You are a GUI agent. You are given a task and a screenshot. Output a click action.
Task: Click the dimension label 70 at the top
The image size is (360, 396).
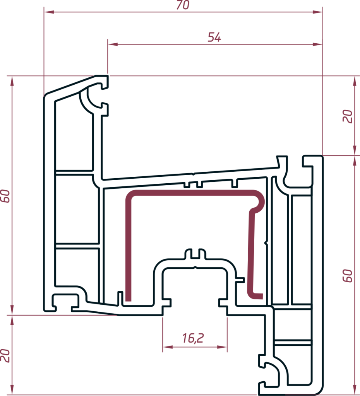pyautogui.click(x=183, y=5)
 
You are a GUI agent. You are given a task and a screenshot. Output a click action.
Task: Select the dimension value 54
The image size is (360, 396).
pyautogui.click(x=214, y=37)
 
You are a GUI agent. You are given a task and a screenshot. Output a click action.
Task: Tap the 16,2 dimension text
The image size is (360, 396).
pyautogui.click(x=193, y=338)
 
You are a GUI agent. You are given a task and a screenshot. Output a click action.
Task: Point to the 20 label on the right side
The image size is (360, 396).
pyautogui.click(x=348, y=116)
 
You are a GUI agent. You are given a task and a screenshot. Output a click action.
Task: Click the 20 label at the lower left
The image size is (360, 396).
pyautogui.click(x=5, y=356)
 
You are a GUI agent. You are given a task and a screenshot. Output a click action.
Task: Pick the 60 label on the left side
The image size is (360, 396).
pyautogui.click(x=5, y=196)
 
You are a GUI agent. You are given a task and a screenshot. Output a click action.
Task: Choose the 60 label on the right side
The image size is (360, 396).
pyautogui.click(x=348, y=276)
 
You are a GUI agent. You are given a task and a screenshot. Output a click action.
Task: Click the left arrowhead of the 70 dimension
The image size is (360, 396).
pyautogui.click(x=49, y=12)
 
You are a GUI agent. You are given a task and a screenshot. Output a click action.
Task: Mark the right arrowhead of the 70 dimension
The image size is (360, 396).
pyautogui.click(x=317, y=12)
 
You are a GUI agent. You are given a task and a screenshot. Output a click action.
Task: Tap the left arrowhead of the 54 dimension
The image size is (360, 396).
pyautogui.click(x=113, y=44)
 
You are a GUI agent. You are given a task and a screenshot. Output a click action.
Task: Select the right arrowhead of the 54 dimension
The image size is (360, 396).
pyautogui.click(x=317, y=44)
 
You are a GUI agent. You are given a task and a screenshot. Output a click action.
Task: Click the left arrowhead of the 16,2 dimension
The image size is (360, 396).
pyautogui.click(x=168, y=347)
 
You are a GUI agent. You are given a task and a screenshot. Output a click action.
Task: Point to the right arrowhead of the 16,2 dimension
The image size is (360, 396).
pyautogui.click(x=222, y=347)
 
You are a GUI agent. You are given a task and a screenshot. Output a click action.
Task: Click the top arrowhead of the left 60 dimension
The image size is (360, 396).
pyautogui.click(x=12, y=81)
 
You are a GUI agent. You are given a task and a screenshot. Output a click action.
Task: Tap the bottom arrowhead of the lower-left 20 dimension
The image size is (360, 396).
pyautogui.click(x=12, y=390)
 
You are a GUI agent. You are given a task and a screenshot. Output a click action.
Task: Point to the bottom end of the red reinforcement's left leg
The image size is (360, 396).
pyautogui.click(x=129, y=300)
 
